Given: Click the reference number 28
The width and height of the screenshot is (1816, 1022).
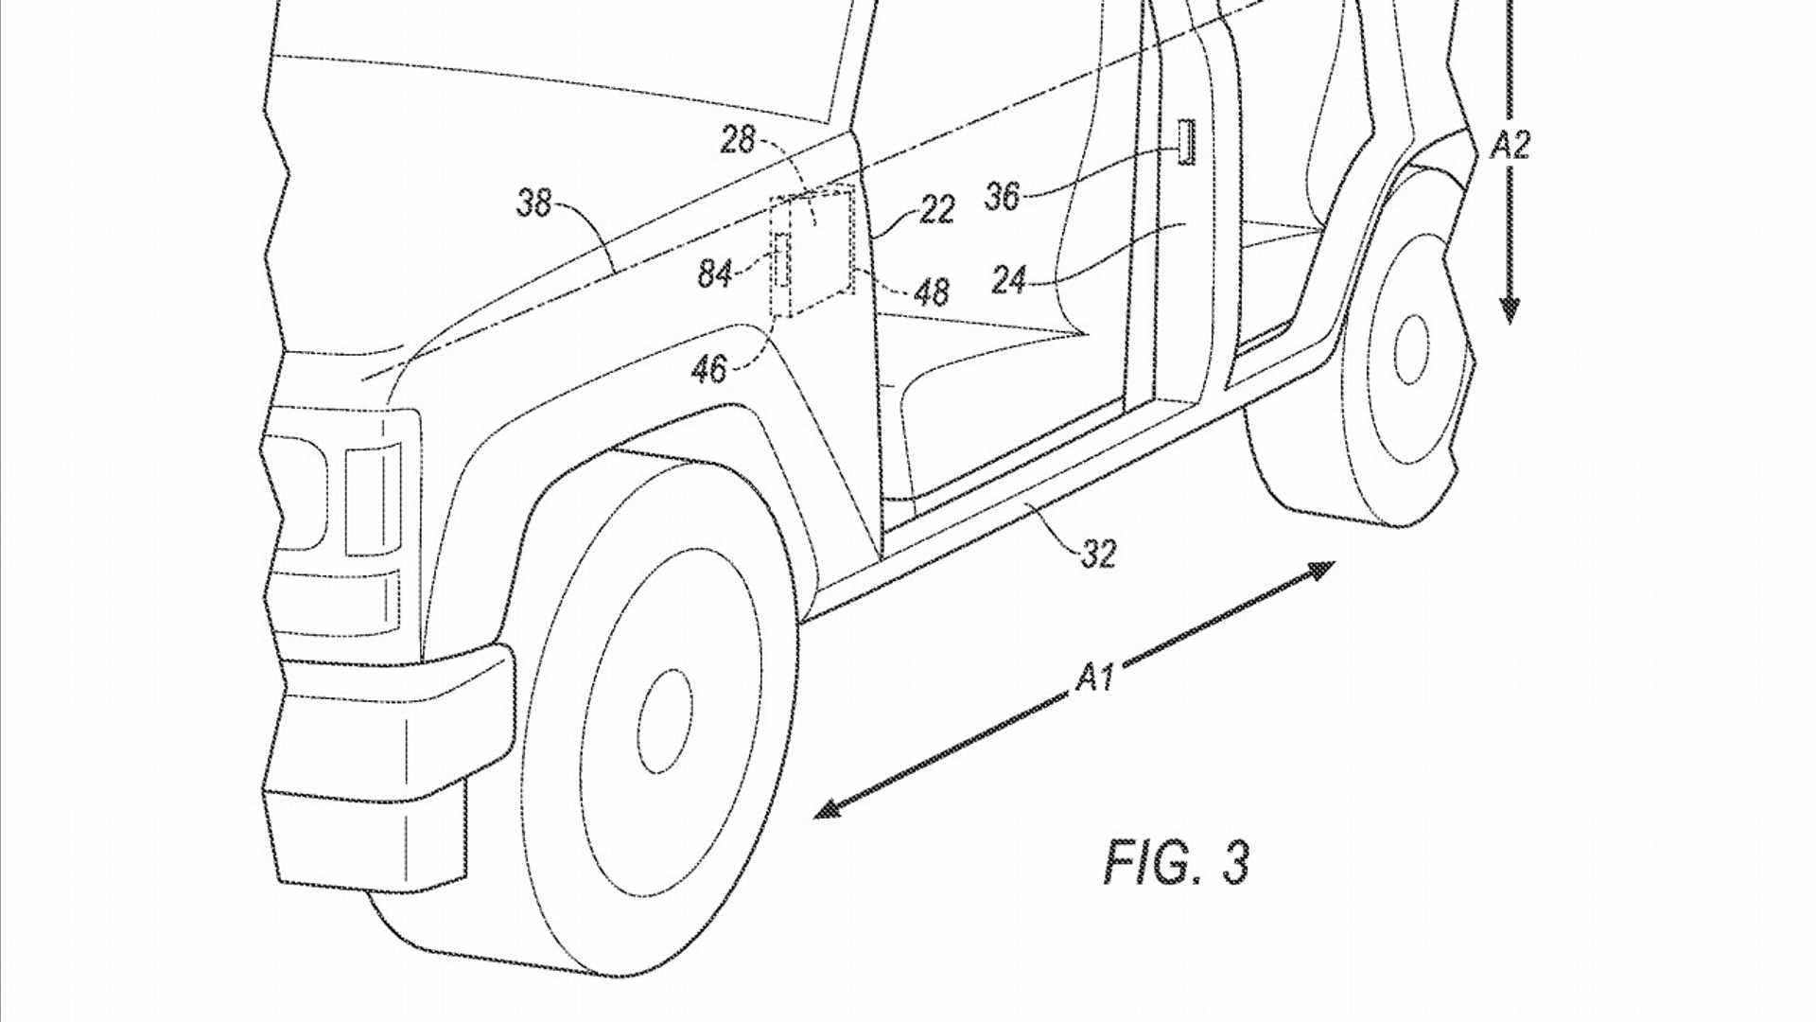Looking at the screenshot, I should (x=738, y=140).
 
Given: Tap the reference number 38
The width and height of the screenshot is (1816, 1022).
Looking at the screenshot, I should (x=533, y=203).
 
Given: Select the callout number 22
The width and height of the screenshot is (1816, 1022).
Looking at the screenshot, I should (x=936, y=210).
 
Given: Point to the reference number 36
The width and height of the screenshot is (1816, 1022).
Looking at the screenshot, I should (x=1003, y=197).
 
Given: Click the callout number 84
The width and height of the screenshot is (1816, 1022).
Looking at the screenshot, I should (x=715, y=274).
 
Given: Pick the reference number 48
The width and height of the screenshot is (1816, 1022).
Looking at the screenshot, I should (x=932, y=292).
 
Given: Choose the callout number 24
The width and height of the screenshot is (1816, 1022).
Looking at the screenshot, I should (x=1009, y=280).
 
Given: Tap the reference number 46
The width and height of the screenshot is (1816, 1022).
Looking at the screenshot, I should (x=709, y=369).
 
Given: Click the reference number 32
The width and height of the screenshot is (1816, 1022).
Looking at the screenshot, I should (x=1099, y=554).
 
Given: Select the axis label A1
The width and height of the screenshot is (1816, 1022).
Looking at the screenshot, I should (x=1095, y=678).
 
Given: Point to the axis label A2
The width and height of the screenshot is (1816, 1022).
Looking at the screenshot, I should (x=1510, y=145).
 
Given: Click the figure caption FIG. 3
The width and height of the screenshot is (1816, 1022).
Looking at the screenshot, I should (x=1177, y=862).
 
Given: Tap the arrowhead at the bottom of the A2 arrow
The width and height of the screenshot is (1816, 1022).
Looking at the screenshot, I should (x=1510, y=310).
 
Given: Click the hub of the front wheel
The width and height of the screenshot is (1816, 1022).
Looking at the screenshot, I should (x=665, y=722).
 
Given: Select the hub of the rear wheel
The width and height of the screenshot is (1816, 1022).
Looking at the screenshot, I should (x=1411, y=349).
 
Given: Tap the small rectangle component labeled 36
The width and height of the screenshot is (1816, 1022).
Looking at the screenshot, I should (x=1186, y=142).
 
